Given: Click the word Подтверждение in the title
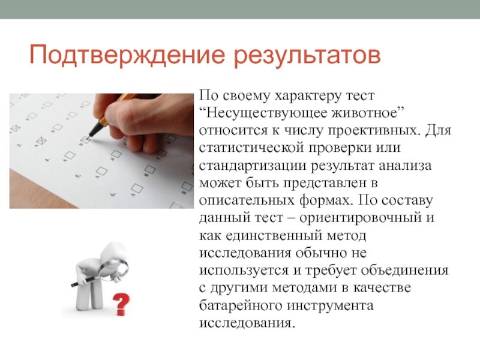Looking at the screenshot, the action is (x=127, y=55).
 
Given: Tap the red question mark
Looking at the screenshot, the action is (x=121, y=305).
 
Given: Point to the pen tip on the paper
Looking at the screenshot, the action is (x=89, y=136).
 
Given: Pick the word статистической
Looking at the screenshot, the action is (x=251, y=148).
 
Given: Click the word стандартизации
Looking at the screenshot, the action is (x=253, y=166).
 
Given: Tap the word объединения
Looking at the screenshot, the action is (x=404, y=271).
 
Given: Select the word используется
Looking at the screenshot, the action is (x=244, y=271).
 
